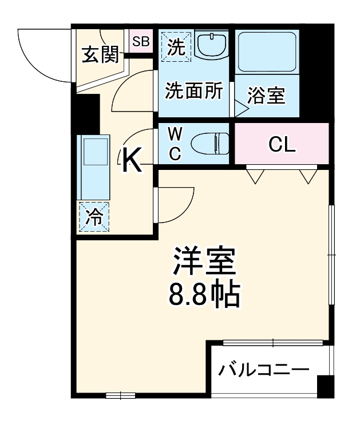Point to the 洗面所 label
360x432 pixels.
pyautogui.click(x=193, y=92)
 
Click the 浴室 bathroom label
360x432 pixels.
pyautogui.click(x=266, y=96)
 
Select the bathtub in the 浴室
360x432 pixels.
pyautogui.click(x=266, y=51)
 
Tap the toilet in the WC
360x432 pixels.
pyautogui.click(x=208, y=142)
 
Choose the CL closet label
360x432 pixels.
pyautogui.click(x=282, y=144)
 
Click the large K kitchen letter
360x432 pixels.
pyautogui.click(x=132, y=160)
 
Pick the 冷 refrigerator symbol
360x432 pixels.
pyautogui.click(x=94, y=217)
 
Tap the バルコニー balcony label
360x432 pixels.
pyautogui.click(x=263, y=370)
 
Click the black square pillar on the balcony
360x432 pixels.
pyautogui.click(x=325, y=386)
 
